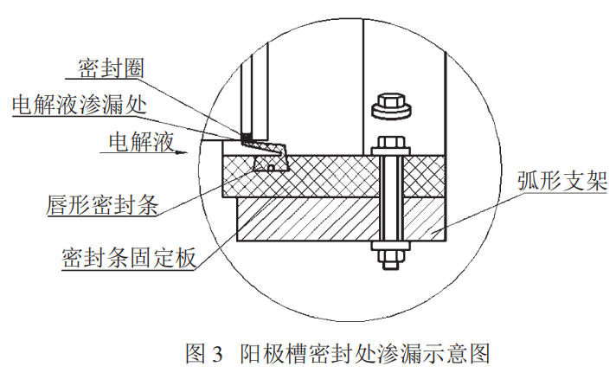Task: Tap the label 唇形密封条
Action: [x=100, y=206]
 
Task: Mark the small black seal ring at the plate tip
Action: [x=246, y=136]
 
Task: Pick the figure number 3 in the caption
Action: [x=215, y=353]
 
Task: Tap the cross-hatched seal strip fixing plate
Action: [x=329, y=177]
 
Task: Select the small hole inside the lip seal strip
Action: [x=271, y=166]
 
